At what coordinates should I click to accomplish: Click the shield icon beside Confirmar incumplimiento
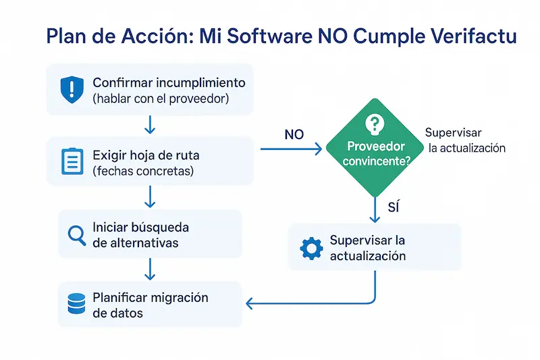click(x=71, y=88)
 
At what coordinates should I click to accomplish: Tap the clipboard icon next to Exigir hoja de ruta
click(x=71, y=161)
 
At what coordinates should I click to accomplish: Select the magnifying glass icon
click(x=76, y=233)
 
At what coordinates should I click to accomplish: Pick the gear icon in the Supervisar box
click(x=310, y=248)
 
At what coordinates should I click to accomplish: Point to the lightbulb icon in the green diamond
click(x=373, y=125)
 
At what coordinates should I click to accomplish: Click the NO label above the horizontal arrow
click(x=294, y=134)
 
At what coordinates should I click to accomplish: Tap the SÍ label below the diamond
click(x=395, y=207)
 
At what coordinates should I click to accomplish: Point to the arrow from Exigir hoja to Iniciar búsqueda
click(x=150, y=197)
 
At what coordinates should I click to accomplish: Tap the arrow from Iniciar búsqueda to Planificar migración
click(x=150, y=269)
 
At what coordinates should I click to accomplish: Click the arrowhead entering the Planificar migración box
click(x=250, y=304)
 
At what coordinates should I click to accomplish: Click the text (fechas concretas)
click(x=142, y=172)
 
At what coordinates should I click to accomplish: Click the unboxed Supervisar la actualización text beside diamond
click(x=465, y=141)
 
